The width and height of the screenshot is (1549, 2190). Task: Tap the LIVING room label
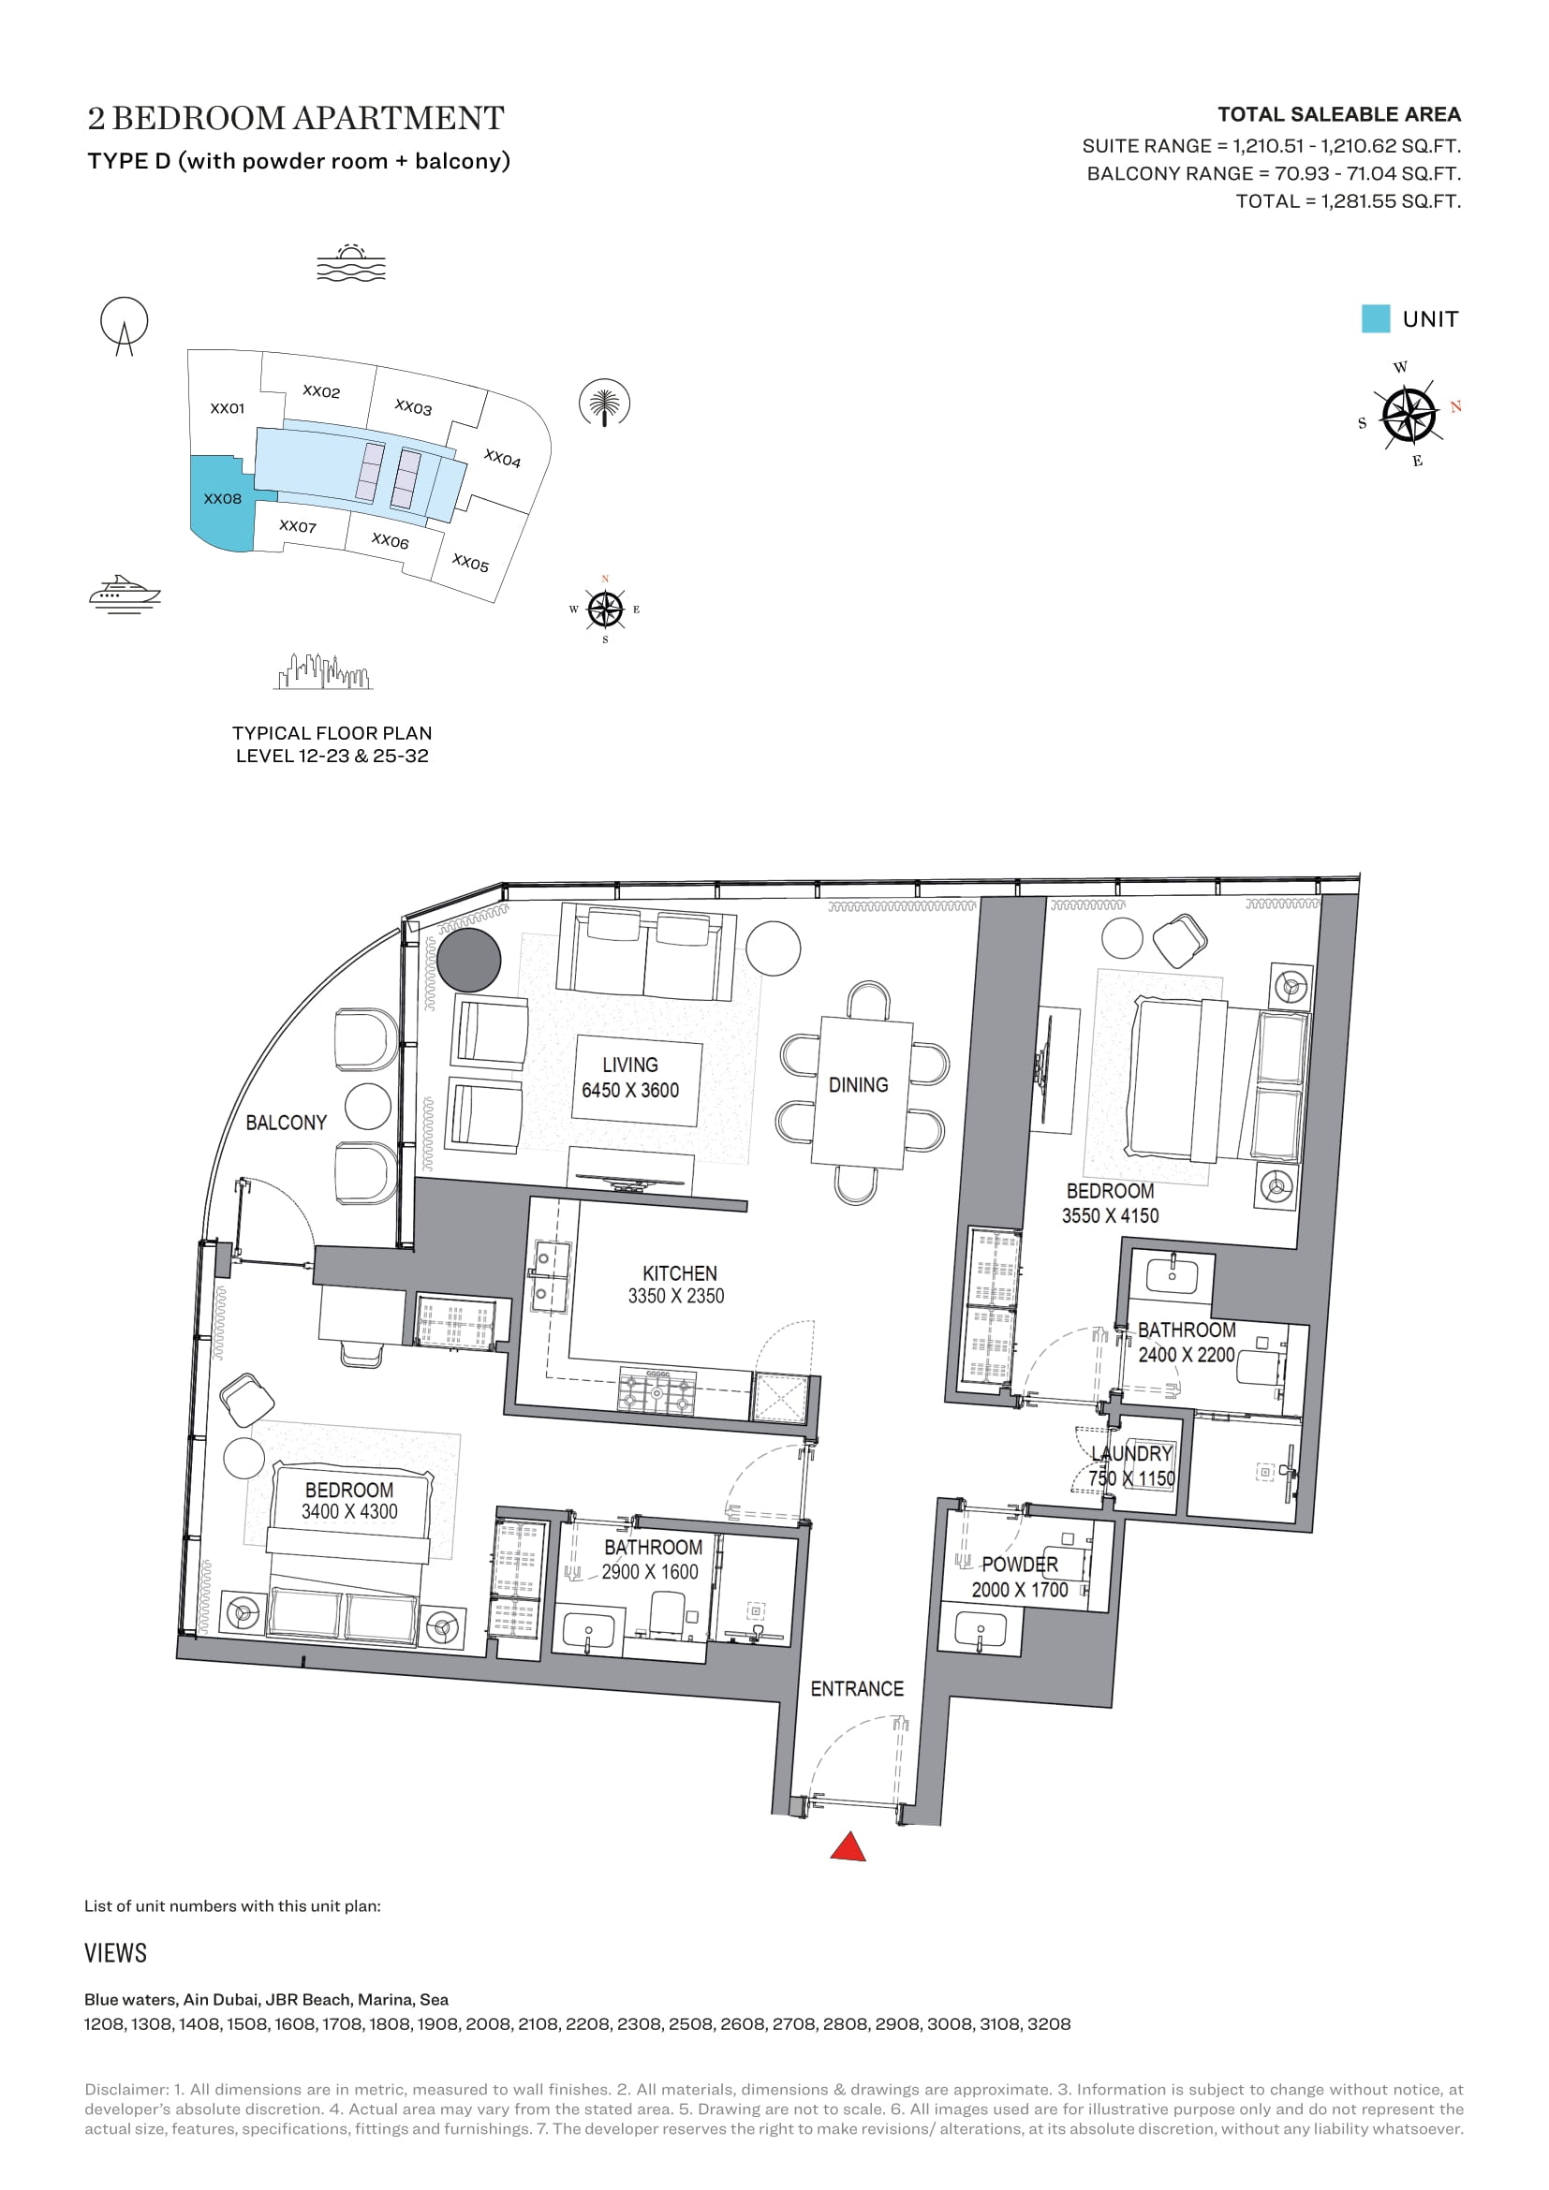pyautogui.click(x=629, y=1065)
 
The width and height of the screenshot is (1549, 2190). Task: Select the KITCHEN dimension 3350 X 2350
pyautogui.click(x=675, y=1296)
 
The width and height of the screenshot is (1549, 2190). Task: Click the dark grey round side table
pyautogui.click(x=469, y=962)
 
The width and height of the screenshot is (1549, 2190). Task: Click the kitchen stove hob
pyautogui.click(x=656, y=1391)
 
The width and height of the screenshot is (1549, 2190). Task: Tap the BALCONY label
pyautogui.click(x=287, y=1123)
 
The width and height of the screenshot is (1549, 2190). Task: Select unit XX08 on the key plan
pyautogui.click(x=222, y=500)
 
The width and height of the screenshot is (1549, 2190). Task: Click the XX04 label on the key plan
pyautogui.click(x=503, y=459)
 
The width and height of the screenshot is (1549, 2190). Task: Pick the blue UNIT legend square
pyautogui.click(x=1376, y=318)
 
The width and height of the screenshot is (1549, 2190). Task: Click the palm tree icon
pyautogui.click(x=605, y=404)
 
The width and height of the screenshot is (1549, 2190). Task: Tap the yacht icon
pyautogui.click(x=124, y=594)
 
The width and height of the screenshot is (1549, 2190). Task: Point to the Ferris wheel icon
pyautogui.click(x=124, y=325)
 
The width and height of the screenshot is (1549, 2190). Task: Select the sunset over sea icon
pyautogui.click(x=351, y=262)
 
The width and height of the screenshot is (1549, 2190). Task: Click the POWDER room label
pyautogui.click(x=1020, y=1565)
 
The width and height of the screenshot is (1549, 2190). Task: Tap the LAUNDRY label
pyautogui.click(x=1132, y=1454)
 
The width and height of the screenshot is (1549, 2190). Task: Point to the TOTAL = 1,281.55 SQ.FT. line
pyautogui.click(x=1348, y=201)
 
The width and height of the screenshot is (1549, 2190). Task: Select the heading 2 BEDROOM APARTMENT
pyautogui.click(x=296, y=118)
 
